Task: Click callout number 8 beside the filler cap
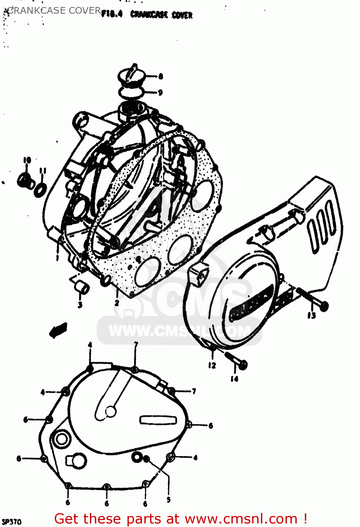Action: point(161,76)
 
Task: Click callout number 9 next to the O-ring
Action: point(160,92)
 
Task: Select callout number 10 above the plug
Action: point(27,160)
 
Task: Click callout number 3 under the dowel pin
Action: point(80,305)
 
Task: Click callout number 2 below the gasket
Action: point(117,302)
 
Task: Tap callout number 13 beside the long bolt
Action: point(312,315)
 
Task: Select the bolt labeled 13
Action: point(312,298)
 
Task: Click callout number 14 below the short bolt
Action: point(234,378)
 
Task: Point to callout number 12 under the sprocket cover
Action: point(212,365)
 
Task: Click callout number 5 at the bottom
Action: point(169,499)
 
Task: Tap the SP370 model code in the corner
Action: point(12,521)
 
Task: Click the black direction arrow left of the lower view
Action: point(58,330)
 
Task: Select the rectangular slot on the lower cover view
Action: point(158,419)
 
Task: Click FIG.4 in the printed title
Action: point(112,14)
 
